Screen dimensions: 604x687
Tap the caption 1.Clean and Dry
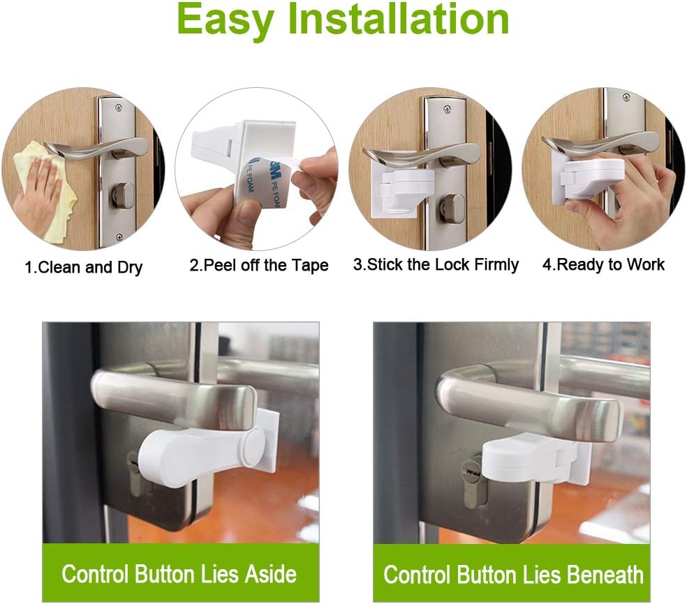pyautogui.click(x=84, y=267)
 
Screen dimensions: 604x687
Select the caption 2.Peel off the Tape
pyautogui.click(x=258, y=266)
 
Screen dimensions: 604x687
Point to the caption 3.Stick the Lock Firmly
pyautogui.click(x=436, y=265)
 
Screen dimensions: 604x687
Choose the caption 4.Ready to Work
pyautogui.click(x=603, y=264)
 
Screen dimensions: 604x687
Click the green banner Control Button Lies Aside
pyautogui.click(x=179, y=573)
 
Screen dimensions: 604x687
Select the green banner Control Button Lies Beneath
pyautogui.click(x=512, y=574)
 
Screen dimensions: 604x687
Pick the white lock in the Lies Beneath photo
pyautogui.click(x=531, y=460)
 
